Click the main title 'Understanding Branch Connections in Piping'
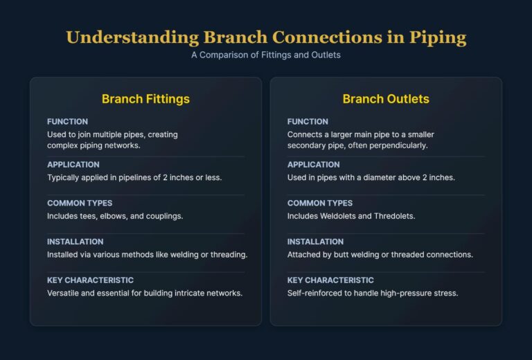pyautogui.click(x=266, y=37)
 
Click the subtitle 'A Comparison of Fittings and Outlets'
pyautogui.click(x=266, y=55)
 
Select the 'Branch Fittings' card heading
pyautogui.click(x=145, y=99)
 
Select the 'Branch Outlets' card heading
pyautogui.click(x=386, y=99)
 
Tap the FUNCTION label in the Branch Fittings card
pyautogui.click(x=67, y=122)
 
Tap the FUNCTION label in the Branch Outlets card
pyautogui.click(x=308, y=122)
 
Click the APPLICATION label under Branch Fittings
pyautogui.click(x=73, y=165)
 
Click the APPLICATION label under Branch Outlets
pyautogui.click(x=314, y=165)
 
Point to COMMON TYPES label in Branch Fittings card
pyautogui.click(x=80, y=204)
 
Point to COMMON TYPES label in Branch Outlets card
pyautogui.click(x=320, y=204)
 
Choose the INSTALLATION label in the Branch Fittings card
pyautogui.click(x=76, y=242)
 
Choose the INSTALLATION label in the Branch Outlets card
pyautogui.click(x=316, y=242)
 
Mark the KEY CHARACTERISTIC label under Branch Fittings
pyautogui.click(x=91, y=280)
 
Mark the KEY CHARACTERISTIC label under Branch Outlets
pyautogui.click(x=331, y=280)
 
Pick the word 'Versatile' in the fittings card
pyautogui.click(x=65, y=293)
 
